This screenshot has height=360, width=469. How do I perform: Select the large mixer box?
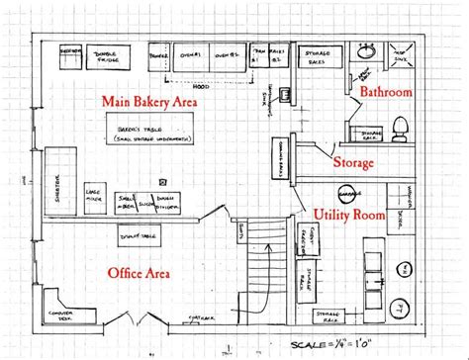[x=96, y=192]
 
